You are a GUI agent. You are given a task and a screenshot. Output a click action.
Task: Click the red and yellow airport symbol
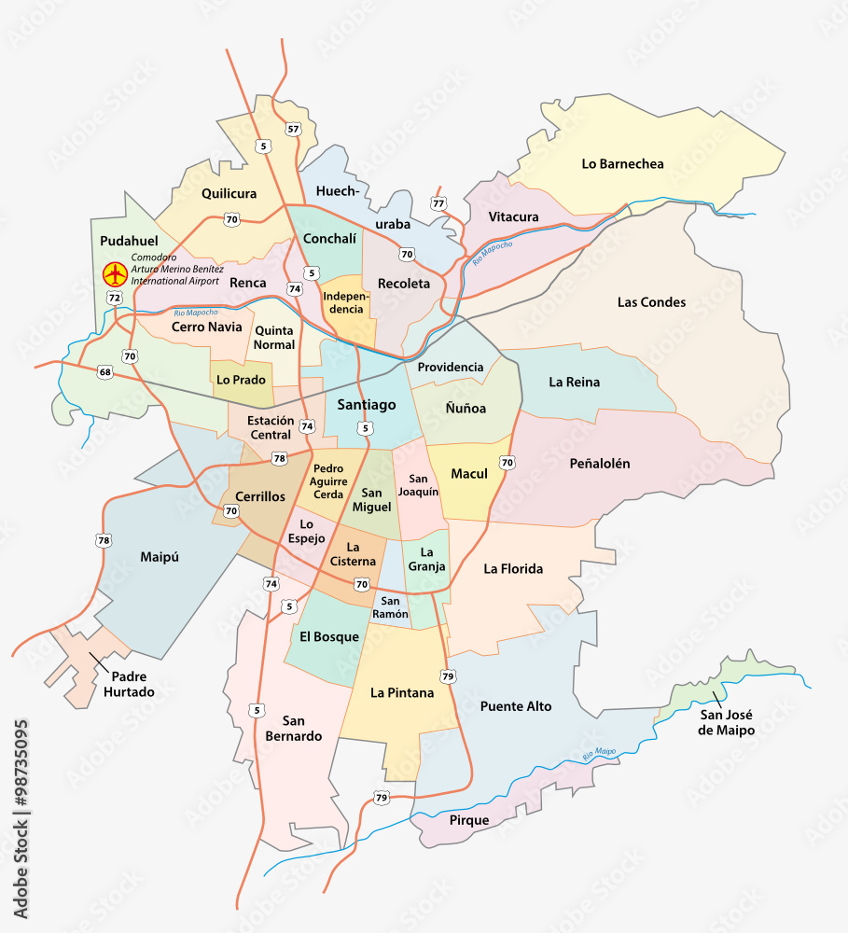coord(115,274)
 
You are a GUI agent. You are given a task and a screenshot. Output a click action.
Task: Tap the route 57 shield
coord(294,129)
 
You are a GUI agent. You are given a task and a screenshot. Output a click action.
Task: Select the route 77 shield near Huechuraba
coord(438,203)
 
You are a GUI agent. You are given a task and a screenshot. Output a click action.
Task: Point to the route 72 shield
coord(114,298)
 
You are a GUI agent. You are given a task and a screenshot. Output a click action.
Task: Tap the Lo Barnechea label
coord(622,164)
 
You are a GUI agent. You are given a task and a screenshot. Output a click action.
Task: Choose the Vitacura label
coord(513,217)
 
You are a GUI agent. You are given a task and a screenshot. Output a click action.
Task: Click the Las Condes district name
coord(651,302)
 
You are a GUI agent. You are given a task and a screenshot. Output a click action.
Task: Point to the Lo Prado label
coord(241,380)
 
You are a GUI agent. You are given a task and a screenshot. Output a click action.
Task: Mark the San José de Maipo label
coord(726,723)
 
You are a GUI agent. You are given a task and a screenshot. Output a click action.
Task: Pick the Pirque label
coord(468,820)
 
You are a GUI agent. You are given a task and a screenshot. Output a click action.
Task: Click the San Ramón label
coord(390,607)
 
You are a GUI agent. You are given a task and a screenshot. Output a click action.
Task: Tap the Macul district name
coord(469,474)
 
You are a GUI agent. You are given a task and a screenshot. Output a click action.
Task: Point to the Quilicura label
coord(229,194)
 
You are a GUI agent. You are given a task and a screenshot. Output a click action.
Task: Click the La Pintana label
coord(402,693)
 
